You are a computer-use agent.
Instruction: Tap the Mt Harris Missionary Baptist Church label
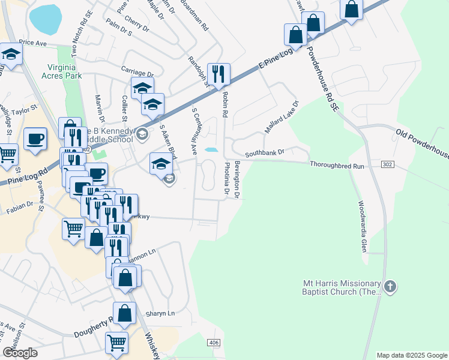(342, 287)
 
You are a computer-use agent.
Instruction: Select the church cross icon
(390, 287)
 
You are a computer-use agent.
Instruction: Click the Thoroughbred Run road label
(337, 165)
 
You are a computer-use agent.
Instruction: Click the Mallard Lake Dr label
(282, 118)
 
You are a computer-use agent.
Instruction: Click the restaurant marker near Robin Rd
(218, 74)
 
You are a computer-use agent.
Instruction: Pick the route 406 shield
(214, 342)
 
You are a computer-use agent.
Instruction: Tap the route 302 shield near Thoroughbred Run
(388, 163)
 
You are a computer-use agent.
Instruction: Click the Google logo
(20, 353)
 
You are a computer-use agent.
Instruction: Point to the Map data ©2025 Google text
(412, 355)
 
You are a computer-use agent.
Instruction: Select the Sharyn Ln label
(160, 313)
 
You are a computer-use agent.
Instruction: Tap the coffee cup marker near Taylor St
(35, 139)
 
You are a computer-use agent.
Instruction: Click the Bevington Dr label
(237, 179)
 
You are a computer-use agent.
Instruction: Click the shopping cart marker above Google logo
(116, 343)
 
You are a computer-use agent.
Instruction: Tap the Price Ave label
(32, 43)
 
